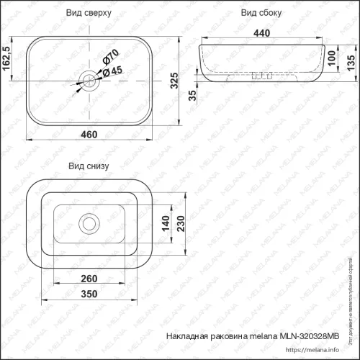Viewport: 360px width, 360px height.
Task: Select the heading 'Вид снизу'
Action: click(89, 166)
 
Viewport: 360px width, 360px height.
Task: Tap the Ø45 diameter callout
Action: click(112, 70)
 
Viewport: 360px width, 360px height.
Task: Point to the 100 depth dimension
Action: click(331, 57)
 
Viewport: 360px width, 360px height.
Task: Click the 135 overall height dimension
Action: click(350, 63)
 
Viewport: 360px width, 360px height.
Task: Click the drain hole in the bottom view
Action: click(90, 222)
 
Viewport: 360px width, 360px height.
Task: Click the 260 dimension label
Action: click(90, 279)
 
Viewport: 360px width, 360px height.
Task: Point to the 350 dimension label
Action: click(90, 295)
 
